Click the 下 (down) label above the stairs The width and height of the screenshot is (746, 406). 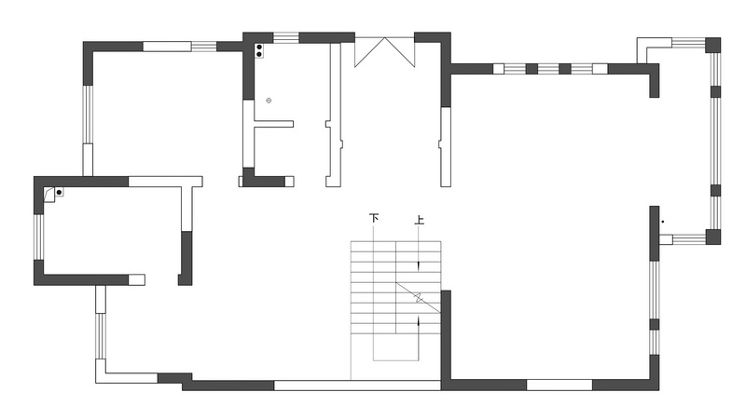click(374, 219)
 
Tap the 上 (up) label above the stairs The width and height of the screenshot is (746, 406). click(419, 220)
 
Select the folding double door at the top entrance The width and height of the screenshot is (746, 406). click(384, 52)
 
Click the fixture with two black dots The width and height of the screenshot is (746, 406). click(259, 51)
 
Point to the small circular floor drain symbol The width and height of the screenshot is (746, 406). click(269, 101)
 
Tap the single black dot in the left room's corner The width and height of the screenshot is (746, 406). click(59, 193)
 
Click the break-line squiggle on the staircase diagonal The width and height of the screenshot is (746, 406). click(419, 298)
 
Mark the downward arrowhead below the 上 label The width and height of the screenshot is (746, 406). click(419, 265)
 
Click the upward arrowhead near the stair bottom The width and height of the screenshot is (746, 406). click(419, 321)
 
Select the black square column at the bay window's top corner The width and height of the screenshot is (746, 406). click(712, 45)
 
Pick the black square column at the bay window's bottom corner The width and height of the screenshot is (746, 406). click(712, 237)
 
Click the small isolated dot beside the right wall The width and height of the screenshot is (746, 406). click(663, 222)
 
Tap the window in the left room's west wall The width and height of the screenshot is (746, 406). click(38, 237)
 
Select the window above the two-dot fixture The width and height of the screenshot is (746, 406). click(285, 37)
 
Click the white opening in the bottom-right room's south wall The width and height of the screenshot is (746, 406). click(559, 385)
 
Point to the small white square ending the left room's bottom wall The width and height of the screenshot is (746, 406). click(136, 279)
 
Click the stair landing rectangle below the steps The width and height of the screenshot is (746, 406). click(395, 346)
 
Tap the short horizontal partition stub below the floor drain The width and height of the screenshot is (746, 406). click(273, 124)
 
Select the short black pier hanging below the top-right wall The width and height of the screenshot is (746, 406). click(655, 86)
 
